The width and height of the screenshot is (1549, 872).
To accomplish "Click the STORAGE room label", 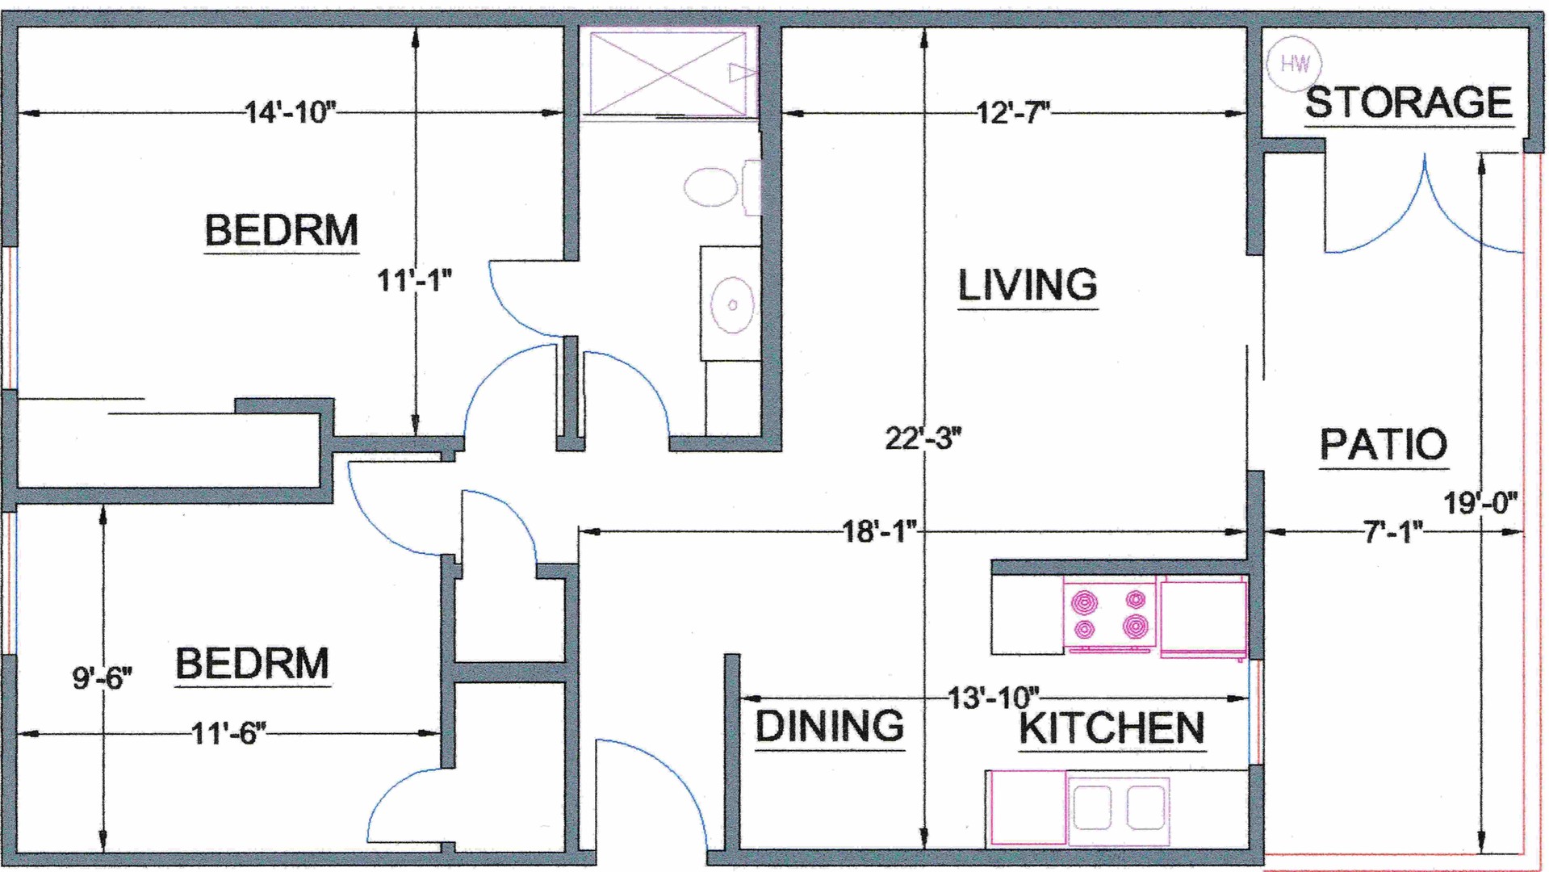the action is pyautogui.click(x=1409, y=103).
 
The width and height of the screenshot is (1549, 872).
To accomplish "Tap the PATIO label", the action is pyautogui.click(x=1384, y=444).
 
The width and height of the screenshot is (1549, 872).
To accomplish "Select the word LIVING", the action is pyautogui.click(x=1028, y=285).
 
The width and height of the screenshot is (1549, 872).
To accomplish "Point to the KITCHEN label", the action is pyautogui.click(x=1112, y=728).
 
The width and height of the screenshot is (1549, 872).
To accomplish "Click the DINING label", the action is pyautogui.click(x=830, y=726).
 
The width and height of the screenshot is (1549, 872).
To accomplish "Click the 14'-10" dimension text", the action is pyautogui.click(x=290, y=111).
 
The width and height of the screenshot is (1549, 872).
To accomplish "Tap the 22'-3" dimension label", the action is pyautogui.click(x=923, y=438).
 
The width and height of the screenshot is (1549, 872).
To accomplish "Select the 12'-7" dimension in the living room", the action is pyautogui.click(x=1013, y=112).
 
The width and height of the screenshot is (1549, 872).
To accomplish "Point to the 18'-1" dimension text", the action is pyautogui.click(x=880, y=531).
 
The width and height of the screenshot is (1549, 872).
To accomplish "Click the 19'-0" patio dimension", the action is pyautogui.click(x=1480, y=503).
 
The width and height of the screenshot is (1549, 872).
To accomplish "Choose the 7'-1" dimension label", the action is pyautogui.click(x=1393, y=532).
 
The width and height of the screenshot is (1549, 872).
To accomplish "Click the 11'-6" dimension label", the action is pyautogui.click(x=228, y=733).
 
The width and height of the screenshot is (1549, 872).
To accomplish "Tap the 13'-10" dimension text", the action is pyautogui.click(x=994, y=698).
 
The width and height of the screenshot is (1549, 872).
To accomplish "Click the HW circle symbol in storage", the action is pyautogui.click(x=1295, y=63).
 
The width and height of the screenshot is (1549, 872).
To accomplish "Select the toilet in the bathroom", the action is pyautogui.click(x=721, y=187).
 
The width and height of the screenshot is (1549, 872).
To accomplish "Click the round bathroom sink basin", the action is pyautogui.click(x=732, y=305).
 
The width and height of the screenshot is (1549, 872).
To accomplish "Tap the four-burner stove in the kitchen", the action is pyautogui.click(x=1111, y=614).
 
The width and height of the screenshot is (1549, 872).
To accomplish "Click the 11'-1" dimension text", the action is pyautogui.click(x=414, y=280).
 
